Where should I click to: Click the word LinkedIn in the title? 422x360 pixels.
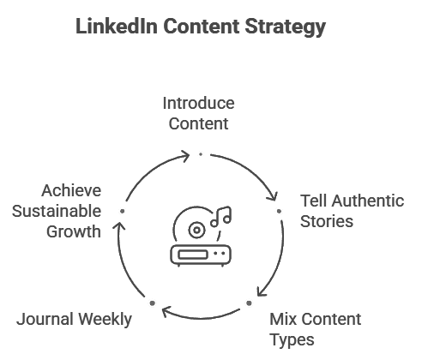click(117, 27)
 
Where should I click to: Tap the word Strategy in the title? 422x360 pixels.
click(286, 27)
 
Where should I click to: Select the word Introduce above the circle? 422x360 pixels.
click(198, 103)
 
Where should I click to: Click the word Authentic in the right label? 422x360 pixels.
click(368, 201)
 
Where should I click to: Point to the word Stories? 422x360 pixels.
click(327, 221)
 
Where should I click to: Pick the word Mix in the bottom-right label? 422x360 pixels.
click(283, 319)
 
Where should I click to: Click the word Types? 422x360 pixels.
click(292, 340)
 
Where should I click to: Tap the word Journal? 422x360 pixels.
click(45, 319)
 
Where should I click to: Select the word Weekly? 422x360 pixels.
click(105, 320)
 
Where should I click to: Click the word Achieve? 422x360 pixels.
click(71, 190)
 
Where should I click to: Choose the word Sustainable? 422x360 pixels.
click(57, 211)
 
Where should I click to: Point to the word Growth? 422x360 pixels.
click(74, 231)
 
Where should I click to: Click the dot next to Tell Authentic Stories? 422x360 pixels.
click(279, 211)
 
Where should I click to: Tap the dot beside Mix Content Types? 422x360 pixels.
click(249, 303)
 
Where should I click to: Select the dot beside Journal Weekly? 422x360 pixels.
click(153, 303)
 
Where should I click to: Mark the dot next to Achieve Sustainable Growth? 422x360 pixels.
click(123, 211)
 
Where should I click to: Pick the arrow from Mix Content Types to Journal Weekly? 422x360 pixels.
click(201, 318)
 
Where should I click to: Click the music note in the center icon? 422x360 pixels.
click(221, 216)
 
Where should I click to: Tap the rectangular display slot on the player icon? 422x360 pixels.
click(192, 254)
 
